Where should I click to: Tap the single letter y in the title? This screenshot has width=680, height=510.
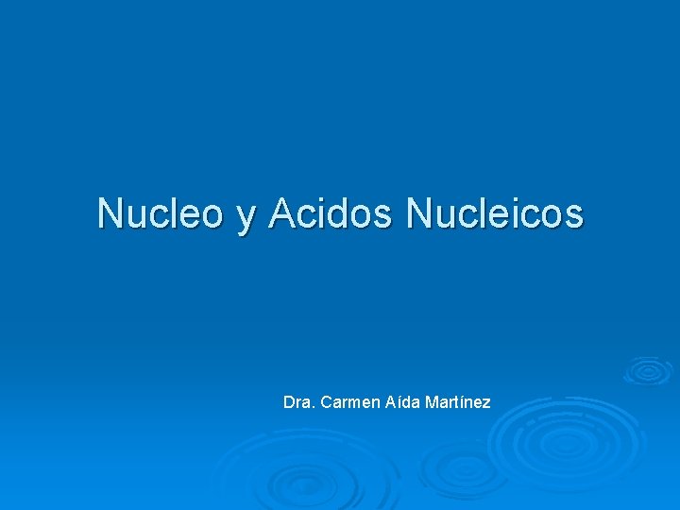[246, 216]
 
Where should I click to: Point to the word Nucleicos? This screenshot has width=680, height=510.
[495, 213]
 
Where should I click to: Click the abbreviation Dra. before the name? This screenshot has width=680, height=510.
[298, 402]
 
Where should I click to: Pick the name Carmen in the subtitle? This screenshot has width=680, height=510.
[349, 402]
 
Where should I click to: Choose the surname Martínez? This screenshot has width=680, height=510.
[458, 402]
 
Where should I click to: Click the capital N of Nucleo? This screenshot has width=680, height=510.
[110, 213]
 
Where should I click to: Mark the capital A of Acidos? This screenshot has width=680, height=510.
[280, 213]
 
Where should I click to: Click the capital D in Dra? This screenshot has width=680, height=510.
[289, 402]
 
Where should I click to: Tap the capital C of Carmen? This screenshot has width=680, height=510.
[327, 402]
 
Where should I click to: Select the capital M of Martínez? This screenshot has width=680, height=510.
[432, 402]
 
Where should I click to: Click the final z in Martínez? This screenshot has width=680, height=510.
[486, 403]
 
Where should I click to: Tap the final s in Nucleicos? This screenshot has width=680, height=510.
[575, 216]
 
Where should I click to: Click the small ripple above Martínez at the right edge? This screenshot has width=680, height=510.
[648, 369]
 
